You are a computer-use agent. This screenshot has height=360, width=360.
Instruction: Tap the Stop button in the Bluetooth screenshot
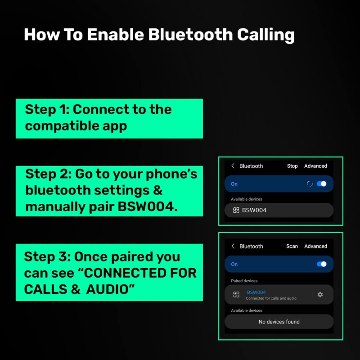click(x=292, y=166)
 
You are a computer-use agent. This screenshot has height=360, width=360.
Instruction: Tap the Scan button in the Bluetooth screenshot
click(x=292, y=246)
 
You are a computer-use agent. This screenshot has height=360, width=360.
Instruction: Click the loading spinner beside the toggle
click(x=310, y=184)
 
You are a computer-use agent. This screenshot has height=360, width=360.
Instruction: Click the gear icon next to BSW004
click(x=320, y=294)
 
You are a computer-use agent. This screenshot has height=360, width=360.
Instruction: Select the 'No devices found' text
click(x=279, y=322)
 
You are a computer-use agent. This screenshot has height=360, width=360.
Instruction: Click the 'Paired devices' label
click(x=244, y=281)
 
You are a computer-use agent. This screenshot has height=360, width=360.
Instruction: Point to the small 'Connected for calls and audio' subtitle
click(x=271, y=298)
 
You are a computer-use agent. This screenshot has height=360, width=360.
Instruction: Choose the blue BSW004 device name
click(x=256, y=292)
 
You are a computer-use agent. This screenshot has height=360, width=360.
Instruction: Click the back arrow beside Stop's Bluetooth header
click(x=233, y=166)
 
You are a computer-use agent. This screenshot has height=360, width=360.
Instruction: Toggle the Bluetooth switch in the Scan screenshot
click(x=322, y=264)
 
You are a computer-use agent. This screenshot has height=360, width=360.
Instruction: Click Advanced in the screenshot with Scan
click(x=315, y=246)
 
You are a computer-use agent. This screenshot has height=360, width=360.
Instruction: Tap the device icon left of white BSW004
click(x=236, y=210)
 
